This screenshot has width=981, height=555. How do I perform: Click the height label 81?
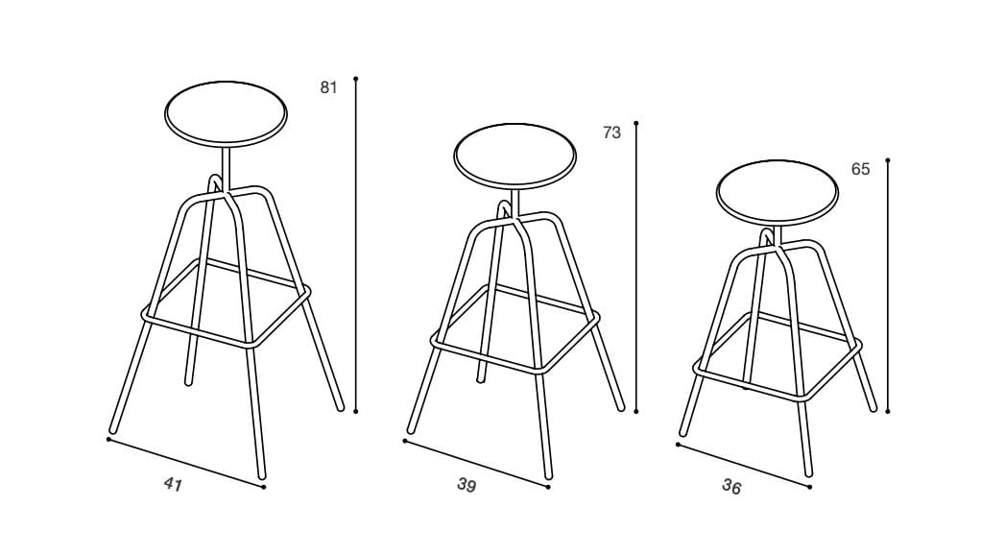pos(328,87)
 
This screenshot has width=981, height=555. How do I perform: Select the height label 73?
pos(611,133)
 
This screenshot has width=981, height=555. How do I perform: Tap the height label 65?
pos(860,169)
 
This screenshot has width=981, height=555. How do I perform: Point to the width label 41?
pos(173,484)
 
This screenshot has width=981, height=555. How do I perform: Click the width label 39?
pos(467,485)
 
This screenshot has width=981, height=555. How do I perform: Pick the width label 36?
pos(731,486)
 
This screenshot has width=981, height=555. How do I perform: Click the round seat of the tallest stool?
pos(226,114)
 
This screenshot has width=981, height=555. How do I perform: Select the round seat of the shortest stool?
pos(778,191)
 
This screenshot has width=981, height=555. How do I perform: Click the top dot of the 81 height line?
pos(355,79)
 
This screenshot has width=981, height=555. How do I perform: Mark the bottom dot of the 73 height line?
pos(635,411)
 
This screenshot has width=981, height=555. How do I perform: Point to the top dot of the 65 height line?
pos(887,160)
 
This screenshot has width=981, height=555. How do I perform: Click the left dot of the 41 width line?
pos(108,439)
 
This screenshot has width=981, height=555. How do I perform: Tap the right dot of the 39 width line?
pos(548,487)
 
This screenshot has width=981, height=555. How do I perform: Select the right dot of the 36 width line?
pos(809,487)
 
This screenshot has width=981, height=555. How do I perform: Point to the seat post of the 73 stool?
pos(514,203)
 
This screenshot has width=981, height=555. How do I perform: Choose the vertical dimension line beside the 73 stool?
pos(635,267)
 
